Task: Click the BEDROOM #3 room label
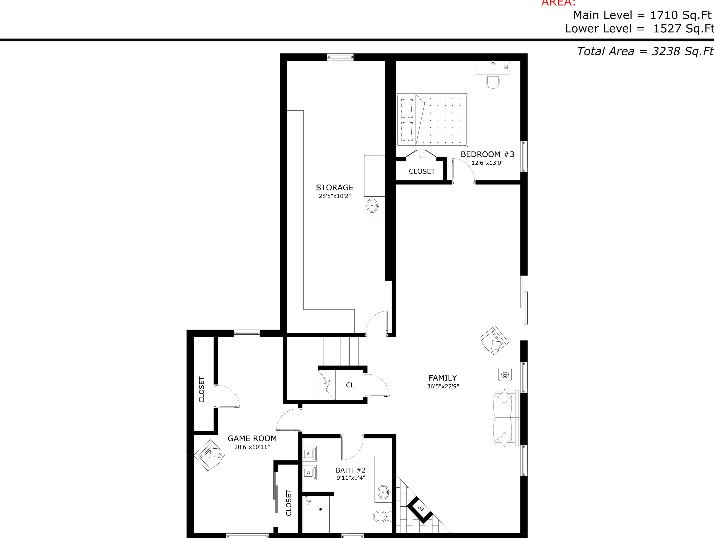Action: click(x=487, y=154)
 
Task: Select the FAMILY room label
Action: click(x=442, y=378)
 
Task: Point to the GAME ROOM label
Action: click(x=252, y=438)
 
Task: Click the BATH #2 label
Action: click(x=351, y=470)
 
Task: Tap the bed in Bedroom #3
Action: click(x=432, y=120)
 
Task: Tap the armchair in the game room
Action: click(x=210, y=455)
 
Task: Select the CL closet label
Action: click(x=350, y=385)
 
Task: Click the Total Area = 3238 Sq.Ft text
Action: click(x=645, y=51)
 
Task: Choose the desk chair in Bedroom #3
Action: click(x=493, y=82)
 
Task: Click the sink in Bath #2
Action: click(x=384, y=492)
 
